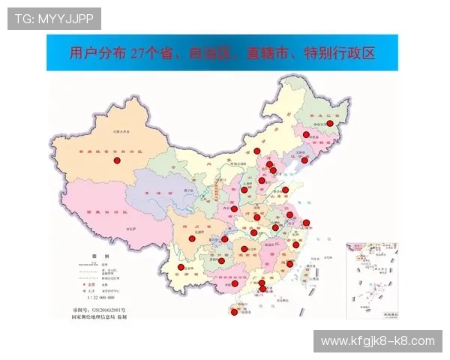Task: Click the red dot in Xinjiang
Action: (117, 160)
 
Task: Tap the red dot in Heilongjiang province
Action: (329, 123)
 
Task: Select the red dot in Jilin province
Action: (306, 135)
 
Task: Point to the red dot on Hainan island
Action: (234, 313)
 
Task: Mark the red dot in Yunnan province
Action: (181, 268)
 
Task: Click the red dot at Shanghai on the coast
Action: (306, 223)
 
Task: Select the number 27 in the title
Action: (137, 53)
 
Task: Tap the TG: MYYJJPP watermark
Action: (54, 18)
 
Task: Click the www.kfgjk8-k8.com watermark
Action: (377, 341)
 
